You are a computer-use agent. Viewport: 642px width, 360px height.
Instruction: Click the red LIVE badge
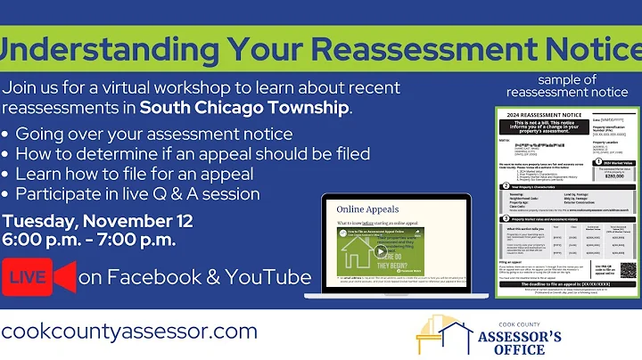28,277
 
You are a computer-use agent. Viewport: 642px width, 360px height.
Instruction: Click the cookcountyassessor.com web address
129,331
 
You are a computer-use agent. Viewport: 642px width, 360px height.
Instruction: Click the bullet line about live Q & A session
138,193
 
